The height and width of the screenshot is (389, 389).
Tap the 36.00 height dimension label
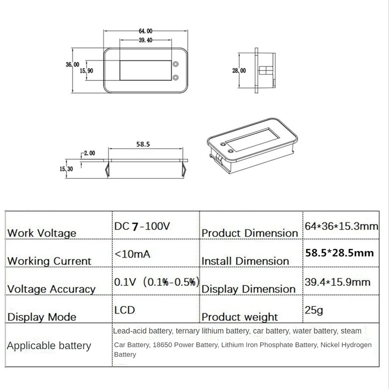click(x=72, y=65)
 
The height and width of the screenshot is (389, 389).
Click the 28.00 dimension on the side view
click(x=239, y=71)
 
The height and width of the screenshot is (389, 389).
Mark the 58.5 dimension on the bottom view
click(x=142, y=144)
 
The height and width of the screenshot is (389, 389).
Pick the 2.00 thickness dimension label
click(x=88, y=153)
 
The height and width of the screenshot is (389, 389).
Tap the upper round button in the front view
click(x=175, y=64)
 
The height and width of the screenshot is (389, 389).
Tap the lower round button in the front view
click(x=175, y=77)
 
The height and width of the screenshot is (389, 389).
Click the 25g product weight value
click(x=313, y=309)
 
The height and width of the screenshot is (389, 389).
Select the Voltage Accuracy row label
click(x=51, y=289)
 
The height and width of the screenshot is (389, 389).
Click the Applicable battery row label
click(x=49, y=346)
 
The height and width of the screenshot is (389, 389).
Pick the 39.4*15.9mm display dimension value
click(x=337, y=282)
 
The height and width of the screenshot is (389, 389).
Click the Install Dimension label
click(x=245, y=261)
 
